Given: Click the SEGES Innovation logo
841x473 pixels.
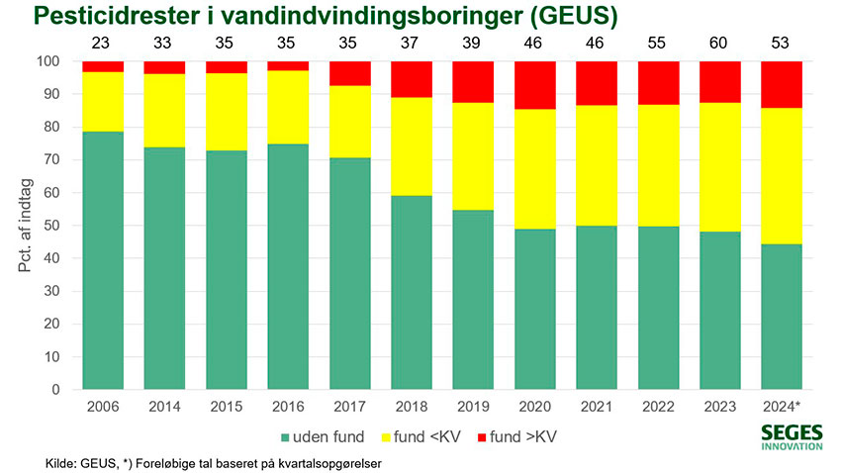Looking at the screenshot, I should click(x=792, y=437).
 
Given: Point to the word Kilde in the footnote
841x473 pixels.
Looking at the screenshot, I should click(x=61, y=463).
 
